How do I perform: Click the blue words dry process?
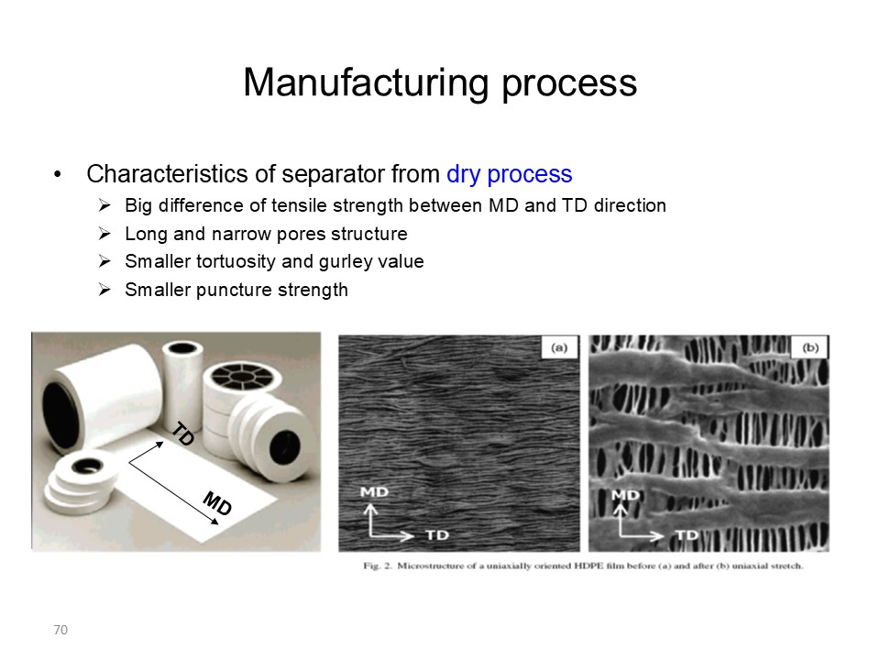[x=509, y=174]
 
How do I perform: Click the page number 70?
[x=60, y=630]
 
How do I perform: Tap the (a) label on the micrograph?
[x=559, y=348]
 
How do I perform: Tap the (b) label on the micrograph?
[x=809, y=348]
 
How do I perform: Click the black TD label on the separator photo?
[x=183, y=434]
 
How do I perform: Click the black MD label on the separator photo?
[x=218, y=503]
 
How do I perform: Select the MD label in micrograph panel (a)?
[x=374, y=492]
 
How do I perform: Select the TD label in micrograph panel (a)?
[x=437, y=535]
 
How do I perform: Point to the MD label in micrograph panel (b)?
[x=625, y=495]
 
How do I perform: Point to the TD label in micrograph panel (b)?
[x=687, y=534]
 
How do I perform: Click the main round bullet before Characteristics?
[x=57, y=174]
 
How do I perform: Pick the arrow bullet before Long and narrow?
[x=104, y=234]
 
